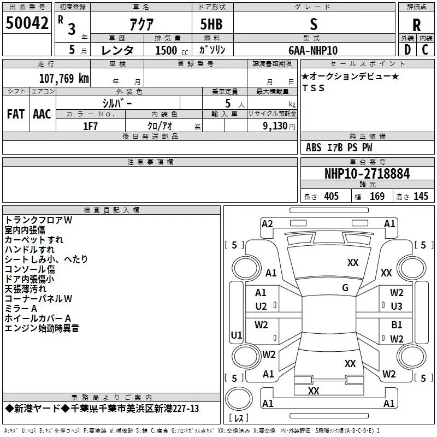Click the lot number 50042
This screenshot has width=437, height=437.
coord(27,22)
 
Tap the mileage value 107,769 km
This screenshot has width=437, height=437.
coord(64,78)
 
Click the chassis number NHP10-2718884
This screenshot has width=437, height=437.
coord(367,174)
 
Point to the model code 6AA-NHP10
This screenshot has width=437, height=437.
coord(313,50)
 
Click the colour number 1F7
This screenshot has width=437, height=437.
coord(90,125)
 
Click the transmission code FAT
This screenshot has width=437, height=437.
coord(15,114)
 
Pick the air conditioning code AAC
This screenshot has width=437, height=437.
coord(42,114)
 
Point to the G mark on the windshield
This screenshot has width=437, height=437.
coord(345,287)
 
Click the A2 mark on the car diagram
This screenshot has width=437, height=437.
coord(267,223)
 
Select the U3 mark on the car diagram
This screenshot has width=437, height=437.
coord(397,306)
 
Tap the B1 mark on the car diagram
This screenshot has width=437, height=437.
coord(397,325)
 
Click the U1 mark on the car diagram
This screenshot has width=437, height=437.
coord(237,335)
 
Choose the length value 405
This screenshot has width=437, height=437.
coord(331,196)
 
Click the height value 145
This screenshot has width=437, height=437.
coord(421,196)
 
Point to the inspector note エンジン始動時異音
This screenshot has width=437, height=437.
coord(42,328)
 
